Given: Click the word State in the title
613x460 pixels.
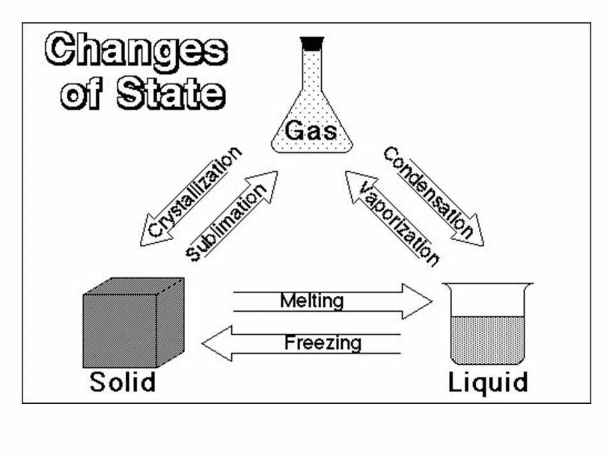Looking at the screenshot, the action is pyautogui.click(x=171, y=93).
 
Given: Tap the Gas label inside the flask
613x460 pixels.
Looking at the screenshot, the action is pyautogui.click(x=311, y=130).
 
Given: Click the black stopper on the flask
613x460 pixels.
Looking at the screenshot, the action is pyautogui.click(x=312, y=43).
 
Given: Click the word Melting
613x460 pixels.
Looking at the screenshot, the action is pyautogui.click(x=312, y=300).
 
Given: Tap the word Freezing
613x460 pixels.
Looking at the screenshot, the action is pyautogui.click(x=322, y=343).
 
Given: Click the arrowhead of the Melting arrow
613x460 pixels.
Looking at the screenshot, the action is pyautogui.click(x=418, y=301).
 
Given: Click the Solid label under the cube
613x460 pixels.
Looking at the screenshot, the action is pyautogui.click(x=123, y=382).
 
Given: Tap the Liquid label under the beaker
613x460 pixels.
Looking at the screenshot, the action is pyautogui.click(x=488, y=383).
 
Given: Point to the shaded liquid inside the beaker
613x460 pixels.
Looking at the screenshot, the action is pyautogui.click(x=488, y=339).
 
